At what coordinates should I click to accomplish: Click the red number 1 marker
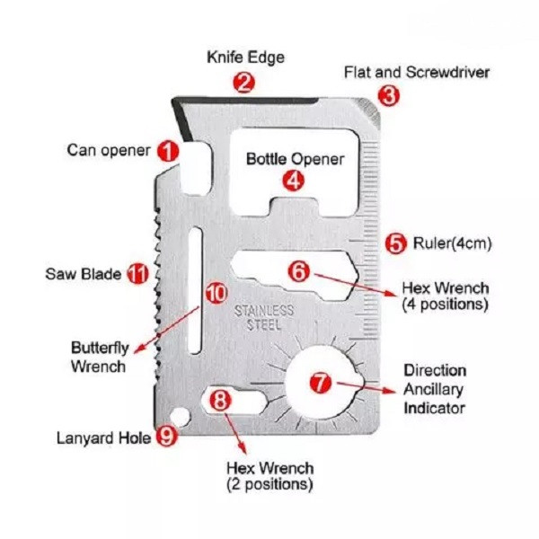[x=168, y=151]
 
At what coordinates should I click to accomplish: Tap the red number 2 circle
[x=243, y=83]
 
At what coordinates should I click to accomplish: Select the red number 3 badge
[x=388, y=93]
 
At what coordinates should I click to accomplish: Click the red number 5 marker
[x=395, y=243]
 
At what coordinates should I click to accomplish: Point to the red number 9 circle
[x=166, y=437]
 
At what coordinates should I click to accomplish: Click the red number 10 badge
[x=216, y=291]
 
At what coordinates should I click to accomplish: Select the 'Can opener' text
[x=109, y=150]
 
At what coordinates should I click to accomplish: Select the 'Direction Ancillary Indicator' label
[x=435, y=389]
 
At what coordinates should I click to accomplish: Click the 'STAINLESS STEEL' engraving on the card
[x=264, y=317]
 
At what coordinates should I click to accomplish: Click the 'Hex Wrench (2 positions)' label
[x=269, y=476]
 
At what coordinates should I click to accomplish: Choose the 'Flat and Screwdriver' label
[x=417, y=72]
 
